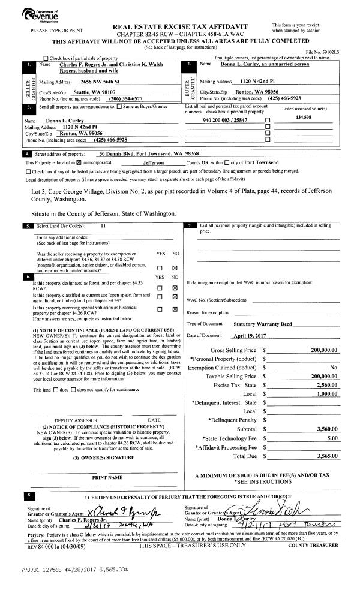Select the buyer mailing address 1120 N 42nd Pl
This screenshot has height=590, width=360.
point(254,81)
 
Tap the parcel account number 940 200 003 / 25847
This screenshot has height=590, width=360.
point(225,121)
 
